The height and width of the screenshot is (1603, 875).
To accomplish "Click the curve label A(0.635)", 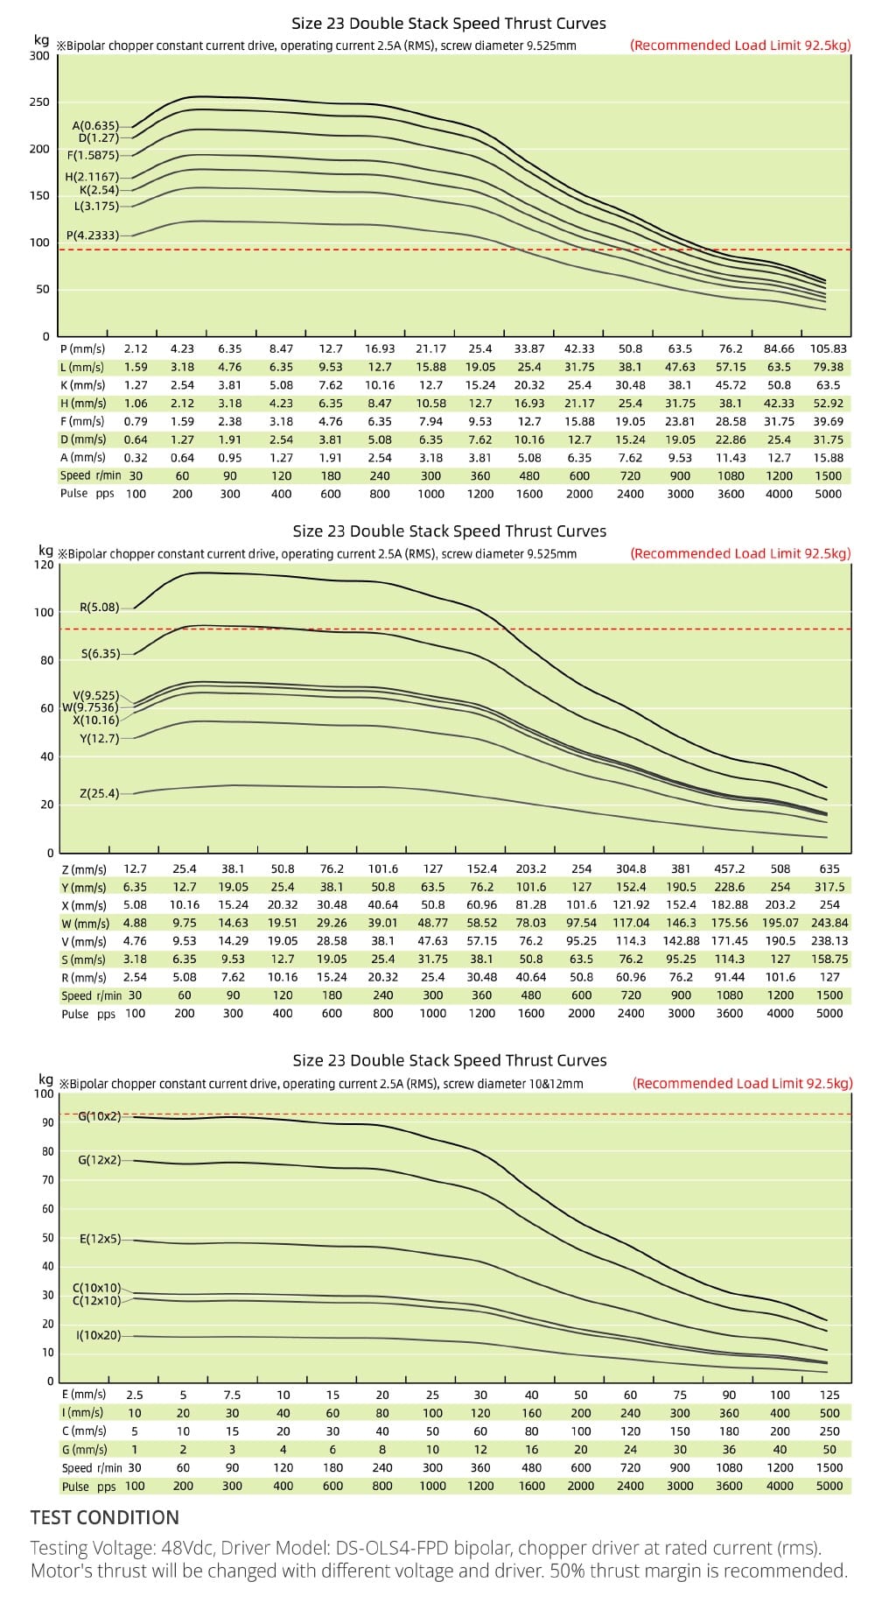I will [94, 126].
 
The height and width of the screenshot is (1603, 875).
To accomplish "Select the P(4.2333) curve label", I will [93, 236].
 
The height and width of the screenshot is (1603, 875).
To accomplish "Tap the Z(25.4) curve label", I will [99, 794].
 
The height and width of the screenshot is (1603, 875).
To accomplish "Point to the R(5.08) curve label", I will [99, 607].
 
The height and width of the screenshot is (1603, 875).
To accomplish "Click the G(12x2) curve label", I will [99, 1160].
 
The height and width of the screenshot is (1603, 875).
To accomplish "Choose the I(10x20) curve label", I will [98, 1335].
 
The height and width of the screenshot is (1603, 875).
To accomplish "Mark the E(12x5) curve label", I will [99, 1240].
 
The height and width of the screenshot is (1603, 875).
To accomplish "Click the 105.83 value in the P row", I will [829, 348].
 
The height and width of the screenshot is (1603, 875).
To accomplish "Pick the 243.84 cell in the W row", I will [829, 923].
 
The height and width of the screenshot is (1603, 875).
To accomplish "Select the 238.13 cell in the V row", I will [829, 941].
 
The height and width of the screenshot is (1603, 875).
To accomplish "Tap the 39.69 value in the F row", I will [829, 421].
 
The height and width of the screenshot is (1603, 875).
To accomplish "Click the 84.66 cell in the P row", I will [779, 348].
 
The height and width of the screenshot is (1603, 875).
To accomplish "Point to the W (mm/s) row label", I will [85, 923].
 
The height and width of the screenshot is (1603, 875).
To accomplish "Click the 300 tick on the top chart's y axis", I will [39, 56].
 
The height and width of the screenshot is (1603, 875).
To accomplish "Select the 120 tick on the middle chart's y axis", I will [44, 565].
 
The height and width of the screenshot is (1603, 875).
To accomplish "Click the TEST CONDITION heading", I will [104, 1517].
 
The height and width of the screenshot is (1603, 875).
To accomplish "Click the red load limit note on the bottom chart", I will [742, 1083].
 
